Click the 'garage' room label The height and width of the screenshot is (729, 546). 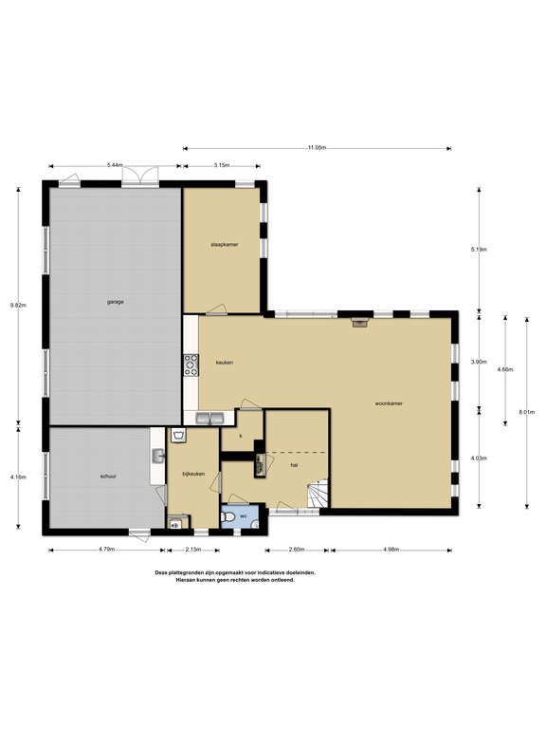tap(115, 301)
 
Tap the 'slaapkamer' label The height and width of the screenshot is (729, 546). tap(224, 244)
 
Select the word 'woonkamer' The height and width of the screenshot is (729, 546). tap(389, 403)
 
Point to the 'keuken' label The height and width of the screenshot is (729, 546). tap(225, 363)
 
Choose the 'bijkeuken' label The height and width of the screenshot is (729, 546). tap(193, 473)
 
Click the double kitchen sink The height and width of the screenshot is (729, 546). tap(209, 418)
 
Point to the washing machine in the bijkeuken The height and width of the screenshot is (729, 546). tap(175, 522)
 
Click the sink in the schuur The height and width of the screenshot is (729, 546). tap(156, 458)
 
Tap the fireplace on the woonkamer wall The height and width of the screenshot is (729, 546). tap(359, 322)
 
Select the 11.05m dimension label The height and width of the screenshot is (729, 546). tap(317, 147)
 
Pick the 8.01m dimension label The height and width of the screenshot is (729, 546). tap(527, 411)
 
